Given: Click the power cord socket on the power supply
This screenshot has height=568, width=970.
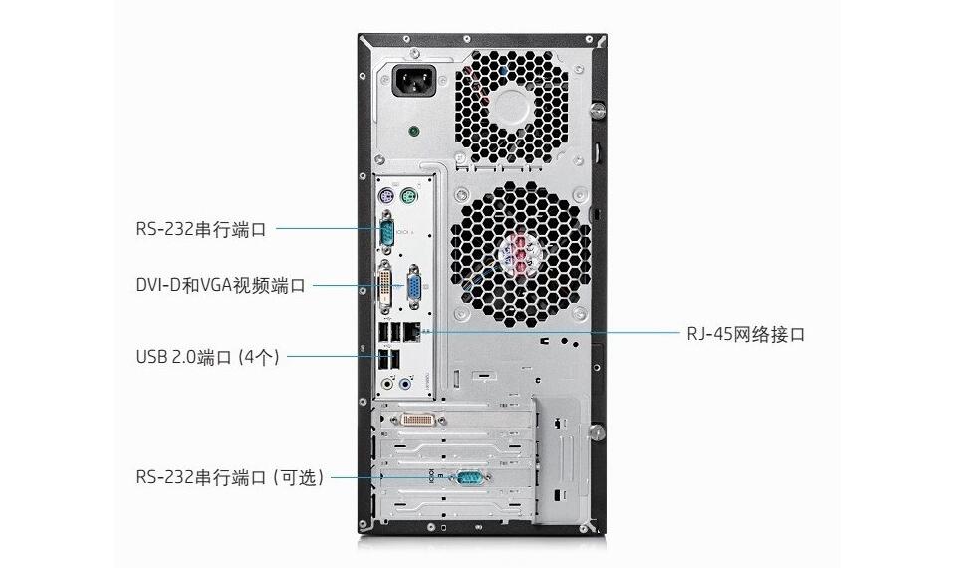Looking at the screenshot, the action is (x=414, y=81).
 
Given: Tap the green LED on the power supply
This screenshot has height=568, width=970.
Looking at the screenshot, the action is (x=414, y=132).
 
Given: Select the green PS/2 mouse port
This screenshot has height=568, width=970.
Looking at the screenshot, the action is (x=407, y=198).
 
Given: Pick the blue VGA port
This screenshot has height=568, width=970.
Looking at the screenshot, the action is (x=412, y=285).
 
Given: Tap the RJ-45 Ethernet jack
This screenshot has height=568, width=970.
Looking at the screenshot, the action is (x=411, y=332).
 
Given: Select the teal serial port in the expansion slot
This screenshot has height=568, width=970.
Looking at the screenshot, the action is (x=470, y=477).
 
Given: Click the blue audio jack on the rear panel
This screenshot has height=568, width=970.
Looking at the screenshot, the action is (x=404, y=384).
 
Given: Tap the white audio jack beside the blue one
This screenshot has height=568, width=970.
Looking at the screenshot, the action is (x=387, y=384).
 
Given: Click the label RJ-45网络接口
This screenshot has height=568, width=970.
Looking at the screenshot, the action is (x=746, y=334).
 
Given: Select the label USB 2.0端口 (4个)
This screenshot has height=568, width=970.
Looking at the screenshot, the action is (x=208, y=357).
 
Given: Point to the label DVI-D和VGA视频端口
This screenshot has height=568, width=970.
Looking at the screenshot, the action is (x=221, y=285).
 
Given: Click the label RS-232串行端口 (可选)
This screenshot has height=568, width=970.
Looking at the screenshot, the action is (x=230, y=477).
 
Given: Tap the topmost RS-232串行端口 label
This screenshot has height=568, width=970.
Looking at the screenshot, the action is (x=201, y=229).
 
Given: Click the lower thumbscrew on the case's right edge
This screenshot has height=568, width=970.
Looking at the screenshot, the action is (x=598, y=431).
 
